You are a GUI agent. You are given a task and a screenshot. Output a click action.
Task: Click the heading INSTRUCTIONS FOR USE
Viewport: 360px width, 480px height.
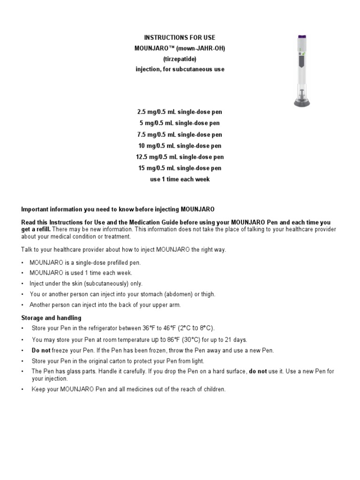[180, 37]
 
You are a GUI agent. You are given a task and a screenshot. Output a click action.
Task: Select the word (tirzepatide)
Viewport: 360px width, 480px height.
[180, 59]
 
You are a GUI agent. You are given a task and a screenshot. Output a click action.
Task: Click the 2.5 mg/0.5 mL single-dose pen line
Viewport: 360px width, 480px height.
[180, 112]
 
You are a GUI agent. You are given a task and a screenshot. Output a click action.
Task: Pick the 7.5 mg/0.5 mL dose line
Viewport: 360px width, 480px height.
[180, 135]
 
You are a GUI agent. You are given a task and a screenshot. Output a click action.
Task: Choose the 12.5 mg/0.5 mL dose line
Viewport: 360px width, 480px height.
[180, 157]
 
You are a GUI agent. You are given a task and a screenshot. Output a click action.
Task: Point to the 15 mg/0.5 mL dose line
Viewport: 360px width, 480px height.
[180, 168]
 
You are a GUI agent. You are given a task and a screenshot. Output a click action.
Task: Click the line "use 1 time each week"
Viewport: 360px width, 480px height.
[180, 179]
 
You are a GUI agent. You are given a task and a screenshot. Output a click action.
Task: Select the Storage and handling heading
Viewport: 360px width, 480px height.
[51, 318]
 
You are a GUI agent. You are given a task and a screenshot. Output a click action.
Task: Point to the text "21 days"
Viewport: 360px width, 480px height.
[237, 339]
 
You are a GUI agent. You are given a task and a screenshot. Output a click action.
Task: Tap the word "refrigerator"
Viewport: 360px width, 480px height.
[101, 328]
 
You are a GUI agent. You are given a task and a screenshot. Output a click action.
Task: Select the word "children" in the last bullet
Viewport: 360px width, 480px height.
[214, 389]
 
